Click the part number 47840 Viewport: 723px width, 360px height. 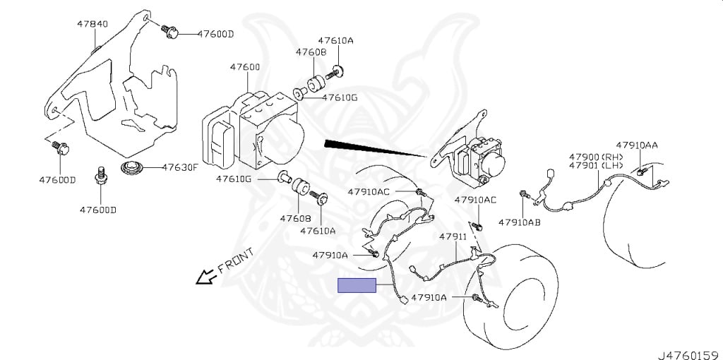coord(92,24)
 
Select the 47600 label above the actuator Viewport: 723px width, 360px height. coord(244,67)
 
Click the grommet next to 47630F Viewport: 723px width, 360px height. coord(131,170)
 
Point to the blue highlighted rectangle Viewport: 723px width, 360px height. coord(357,286)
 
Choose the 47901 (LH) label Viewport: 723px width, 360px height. coord(597,166)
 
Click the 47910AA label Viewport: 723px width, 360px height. coord(636,145)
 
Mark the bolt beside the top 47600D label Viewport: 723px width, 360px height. coord(169,32)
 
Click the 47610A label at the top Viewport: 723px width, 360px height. coord(335,41)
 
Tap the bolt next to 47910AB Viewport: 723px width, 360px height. coord(523,195)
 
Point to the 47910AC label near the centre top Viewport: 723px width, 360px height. coord(369,191)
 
